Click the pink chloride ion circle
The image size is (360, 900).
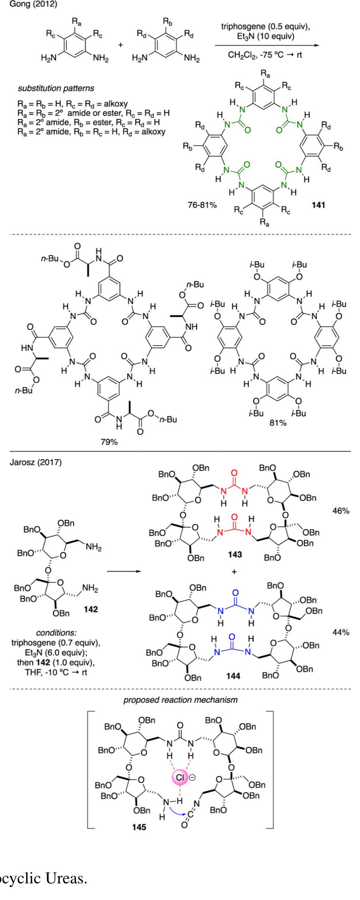pos(180,777)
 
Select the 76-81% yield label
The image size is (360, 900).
pos(202,206)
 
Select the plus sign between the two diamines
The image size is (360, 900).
pos(121,44)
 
